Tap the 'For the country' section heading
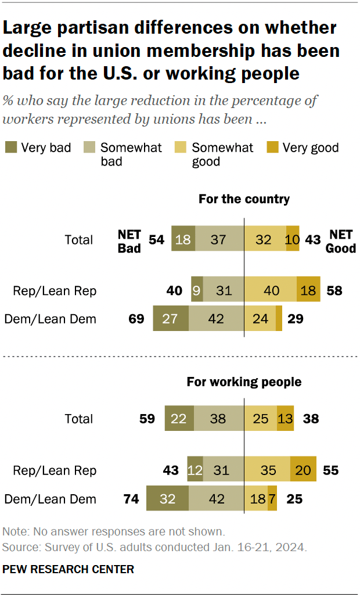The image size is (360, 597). coord(244,199)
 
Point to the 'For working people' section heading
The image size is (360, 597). coord(244,382)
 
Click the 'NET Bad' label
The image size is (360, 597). coord(129,240)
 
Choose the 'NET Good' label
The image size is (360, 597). coord(342,240)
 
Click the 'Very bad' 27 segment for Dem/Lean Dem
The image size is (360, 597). coord(171,319)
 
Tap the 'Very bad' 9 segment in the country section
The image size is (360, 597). coord(197,290)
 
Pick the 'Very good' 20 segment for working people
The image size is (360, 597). coord(303,470)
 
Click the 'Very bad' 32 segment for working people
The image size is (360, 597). coord(167,498)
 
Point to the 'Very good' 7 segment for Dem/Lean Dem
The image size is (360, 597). coord(272,498)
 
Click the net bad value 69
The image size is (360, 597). coord(136,319)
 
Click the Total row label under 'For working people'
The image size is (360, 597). coord(78,419)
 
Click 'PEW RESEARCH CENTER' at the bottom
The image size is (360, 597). coord(68,570)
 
